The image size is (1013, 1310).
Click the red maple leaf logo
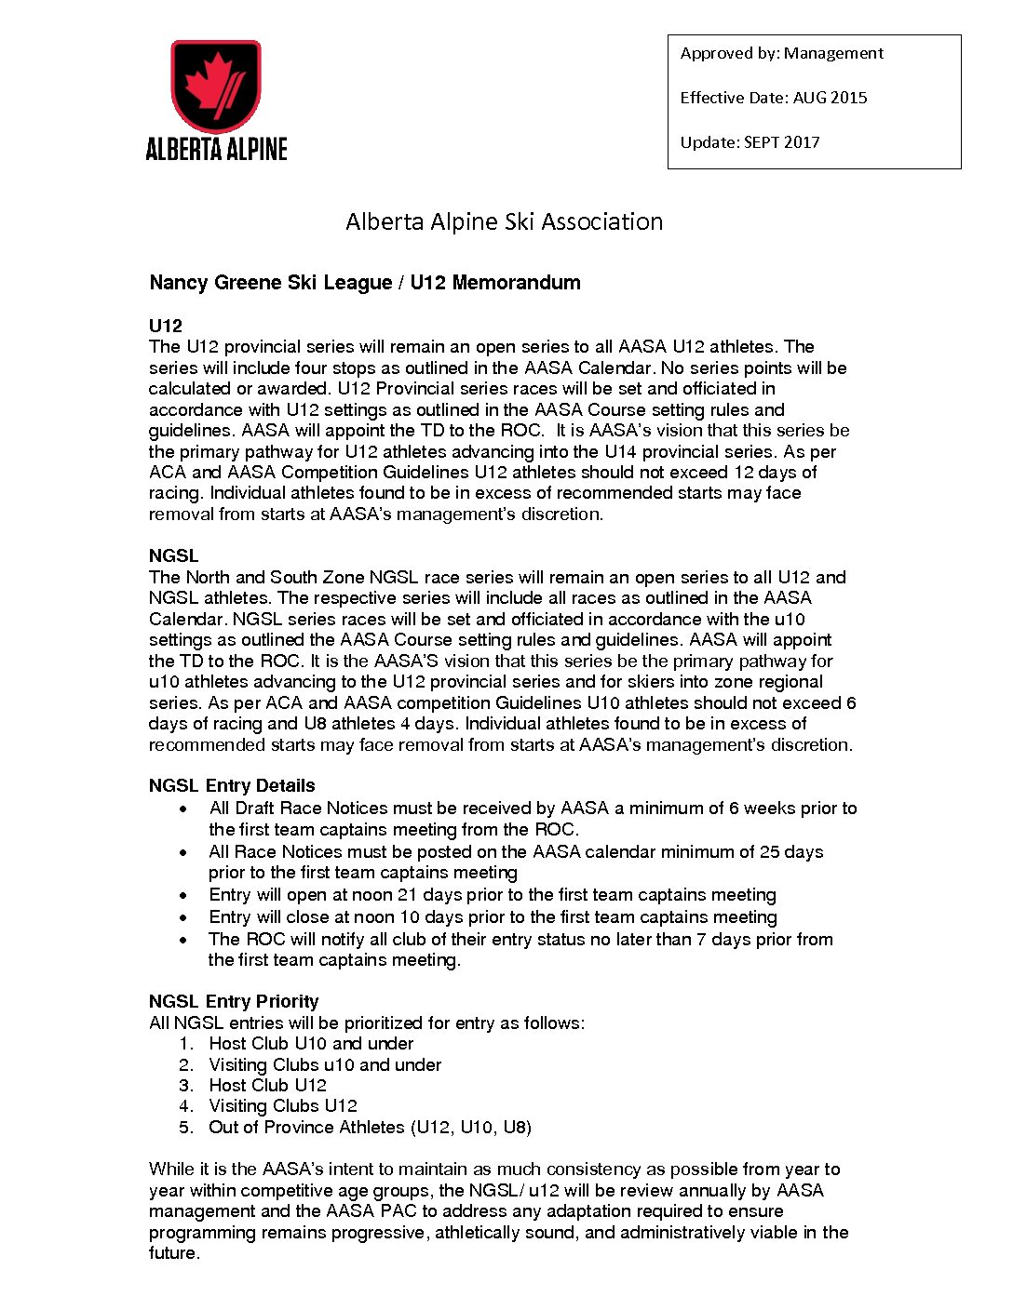tap(215, 87)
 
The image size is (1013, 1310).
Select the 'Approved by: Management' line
tap(781, 53)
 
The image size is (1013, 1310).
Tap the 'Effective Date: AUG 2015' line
tap(773, 98)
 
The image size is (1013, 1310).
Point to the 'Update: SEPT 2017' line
tap(750, 142)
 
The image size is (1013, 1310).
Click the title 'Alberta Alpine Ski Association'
tap(504, 221)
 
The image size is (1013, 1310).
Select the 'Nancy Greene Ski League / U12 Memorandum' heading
tap(364, 283)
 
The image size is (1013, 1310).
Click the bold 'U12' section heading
tap(165, 326)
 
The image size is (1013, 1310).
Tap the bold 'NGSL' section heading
tap(173, 555)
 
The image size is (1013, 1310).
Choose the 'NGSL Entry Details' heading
tap(232, 785)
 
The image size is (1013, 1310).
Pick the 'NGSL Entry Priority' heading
tap(234, 1001)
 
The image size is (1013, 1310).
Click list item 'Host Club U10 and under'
tap(310, 1044)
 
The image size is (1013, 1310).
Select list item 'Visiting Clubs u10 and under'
tap(324, 1064)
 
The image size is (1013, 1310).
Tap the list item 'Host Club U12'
tap(267, 1085)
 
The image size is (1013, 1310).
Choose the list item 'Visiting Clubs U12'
tap(282, 1106)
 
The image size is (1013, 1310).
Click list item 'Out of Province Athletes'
tap(369, 1127)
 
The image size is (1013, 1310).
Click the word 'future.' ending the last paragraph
tap(174, 1253)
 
